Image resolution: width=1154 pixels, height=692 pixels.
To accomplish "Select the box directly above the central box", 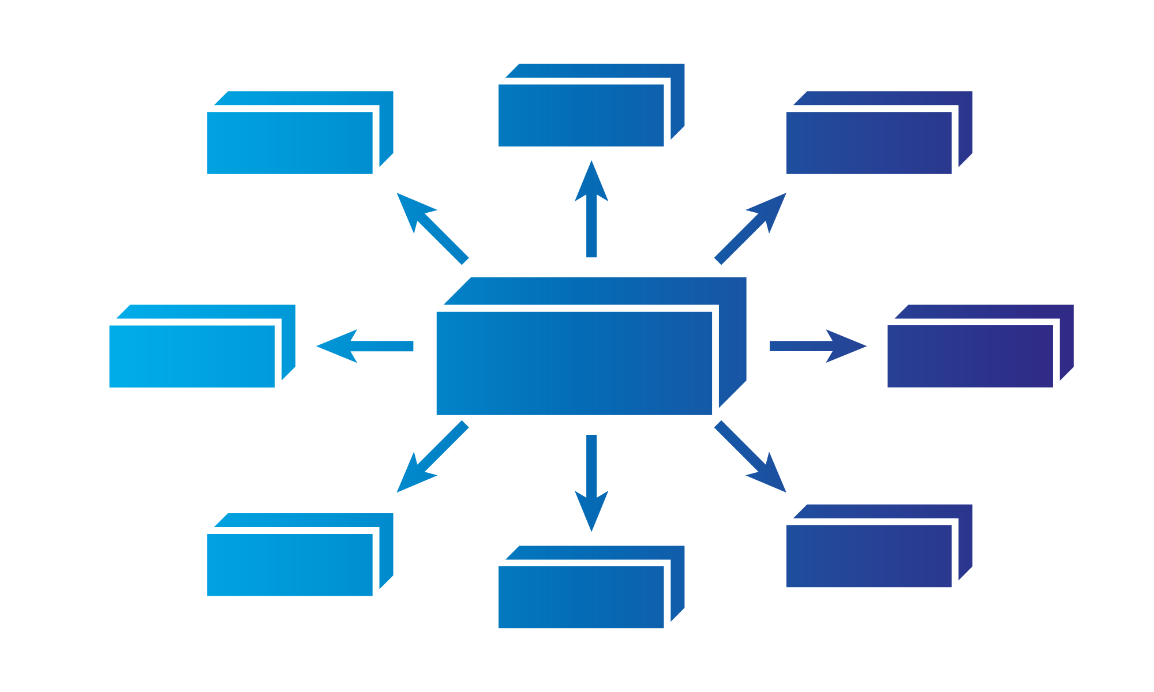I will pos(582,114).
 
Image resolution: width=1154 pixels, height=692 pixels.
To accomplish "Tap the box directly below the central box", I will pos(582,596).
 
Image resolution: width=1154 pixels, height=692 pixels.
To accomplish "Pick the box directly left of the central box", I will pos(192,355).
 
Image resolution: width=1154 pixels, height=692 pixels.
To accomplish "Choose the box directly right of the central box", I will pos(971,355).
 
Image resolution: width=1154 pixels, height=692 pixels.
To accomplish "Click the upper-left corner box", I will pos(290,142).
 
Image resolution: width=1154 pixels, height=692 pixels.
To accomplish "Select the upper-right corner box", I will pos(869,142).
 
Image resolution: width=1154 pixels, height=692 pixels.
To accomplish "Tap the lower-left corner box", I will pos(290,564).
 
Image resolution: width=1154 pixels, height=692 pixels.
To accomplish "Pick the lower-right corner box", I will pos(869,555).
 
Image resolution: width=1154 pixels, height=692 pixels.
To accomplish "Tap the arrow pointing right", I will pos(814,346).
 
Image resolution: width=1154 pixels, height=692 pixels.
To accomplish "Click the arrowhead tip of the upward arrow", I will pos(591,167).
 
